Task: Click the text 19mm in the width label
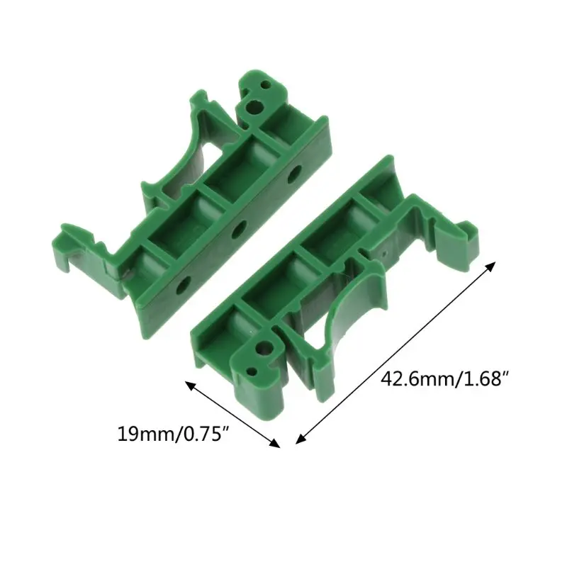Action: pos(142,432)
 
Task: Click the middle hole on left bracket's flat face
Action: pos(239,229)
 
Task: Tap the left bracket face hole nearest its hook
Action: pos(183,286)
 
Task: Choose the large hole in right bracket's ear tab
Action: pos(264,349)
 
